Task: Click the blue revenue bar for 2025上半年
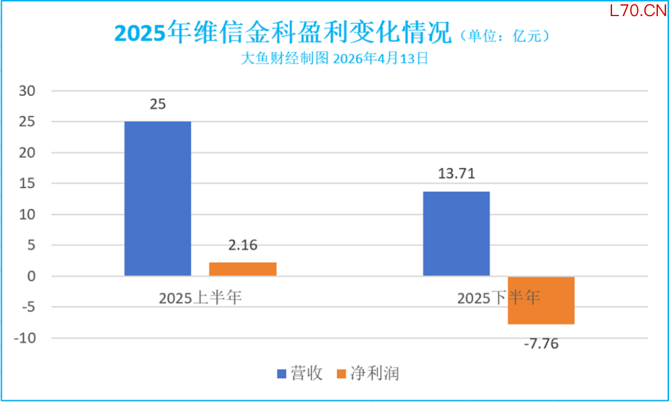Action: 157,198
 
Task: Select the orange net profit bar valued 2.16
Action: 242,269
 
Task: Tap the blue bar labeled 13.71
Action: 456,234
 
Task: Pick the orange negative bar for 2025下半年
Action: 541,300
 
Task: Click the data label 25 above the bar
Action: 157,104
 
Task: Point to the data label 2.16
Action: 242,245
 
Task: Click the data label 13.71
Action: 456,173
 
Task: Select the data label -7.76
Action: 541,343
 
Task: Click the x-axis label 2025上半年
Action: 199,298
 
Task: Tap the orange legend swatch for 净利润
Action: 340,374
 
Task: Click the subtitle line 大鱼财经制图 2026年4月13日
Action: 334,59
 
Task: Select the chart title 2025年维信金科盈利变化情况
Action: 284,33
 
